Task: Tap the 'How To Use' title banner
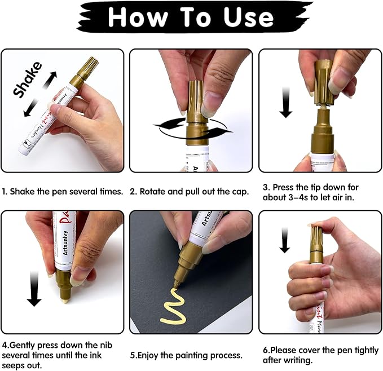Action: point(191,18)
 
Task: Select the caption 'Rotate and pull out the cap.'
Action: point(190,191)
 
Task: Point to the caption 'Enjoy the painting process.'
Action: point(186,355)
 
